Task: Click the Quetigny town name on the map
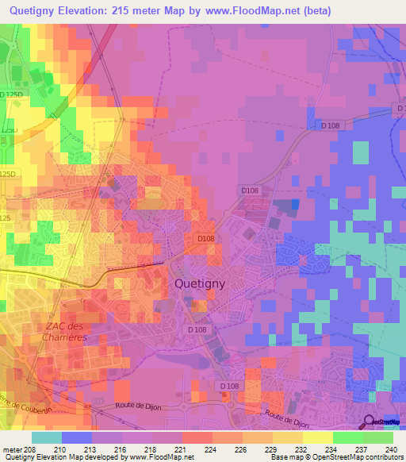point(200,283)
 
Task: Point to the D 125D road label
point(13,94)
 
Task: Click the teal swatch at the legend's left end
point(47,437)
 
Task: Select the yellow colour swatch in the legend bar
point(317,437)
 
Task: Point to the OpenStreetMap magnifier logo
point(370,422)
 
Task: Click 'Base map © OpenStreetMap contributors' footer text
point(336,458)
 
